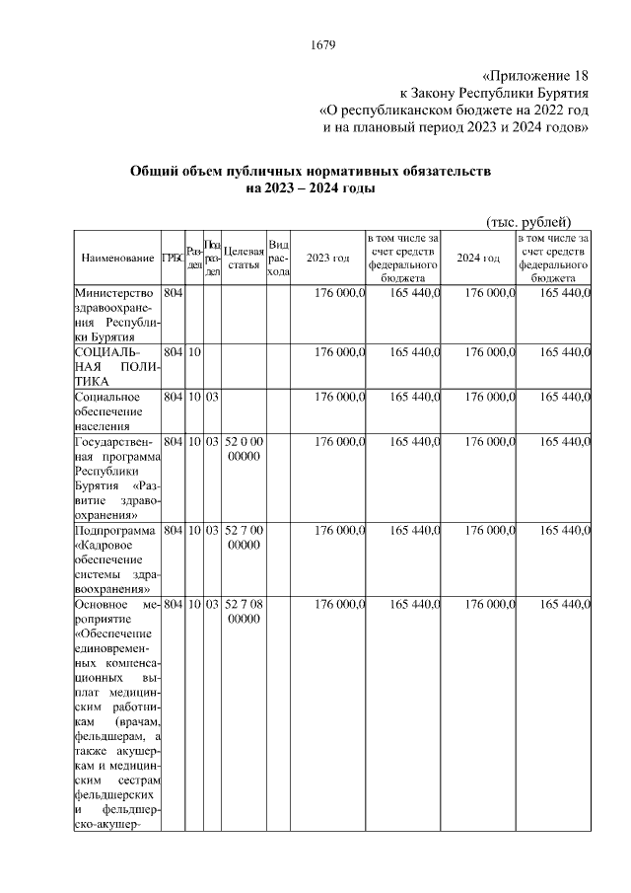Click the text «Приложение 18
536,75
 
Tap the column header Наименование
117,258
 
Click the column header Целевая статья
244,258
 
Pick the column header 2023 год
328,258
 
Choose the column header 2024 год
478,258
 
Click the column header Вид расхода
278,258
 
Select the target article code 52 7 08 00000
244,611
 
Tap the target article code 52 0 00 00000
244,448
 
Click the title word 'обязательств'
439,172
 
